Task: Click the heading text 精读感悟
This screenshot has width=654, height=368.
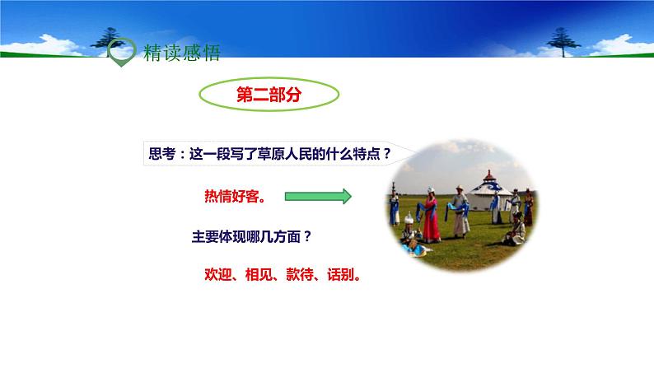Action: pyautogui.click(x=181, y=53)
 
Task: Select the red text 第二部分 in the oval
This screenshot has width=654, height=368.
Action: pyautogui.click(x=269, y=95)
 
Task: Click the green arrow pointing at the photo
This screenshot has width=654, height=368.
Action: pyautogui.click(x=318, y=196)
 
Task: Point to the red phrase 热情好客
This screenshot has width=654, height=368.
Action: pyautogui.click(x=235, y=196)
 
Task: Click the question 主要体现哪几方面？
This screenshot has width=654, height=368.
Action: pyautogui.click(x=251, y=237)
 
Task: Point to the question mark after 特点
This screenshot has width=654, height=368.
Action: pyautogui.click(x=387, y=154)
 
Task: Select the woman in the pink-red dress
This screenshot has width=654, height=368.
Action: pyautogui.click(x=431, y=216)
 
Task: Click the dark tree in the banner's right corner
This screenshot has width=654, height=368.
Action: pyautogui.click(x=563, y=42)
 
